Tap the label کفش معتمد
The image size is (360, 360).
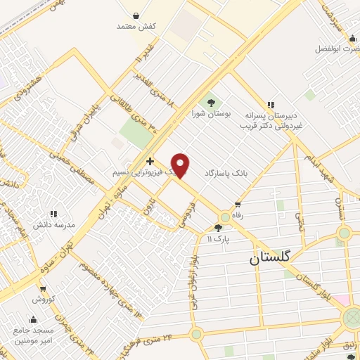coord(136,26)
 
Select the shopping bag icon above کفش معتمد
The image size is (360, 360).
coord(136,15)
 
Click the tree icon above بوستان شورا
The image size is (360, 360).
coord(210,103)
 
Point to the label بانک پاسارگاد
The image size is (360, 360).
coord(228,172)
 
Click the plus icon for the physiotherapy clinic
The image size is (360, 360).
coord(150,161)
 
